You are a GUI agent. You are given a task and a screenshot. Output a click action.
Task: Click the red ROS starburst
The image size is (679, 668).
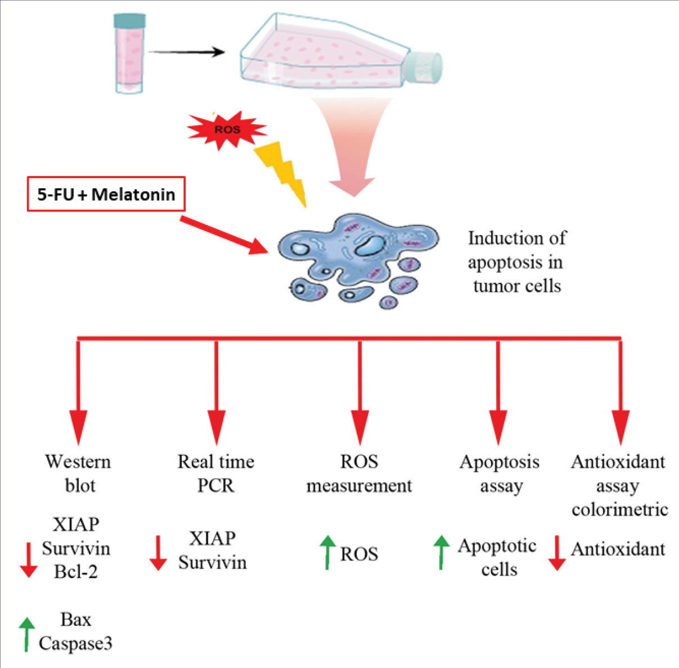227,130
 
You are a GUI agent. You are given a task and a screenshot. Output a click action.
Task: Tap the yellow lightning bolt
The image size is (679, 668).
282,171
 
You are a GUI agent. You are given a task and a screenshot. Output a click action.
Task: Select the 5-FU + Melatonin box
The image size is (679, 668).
106,195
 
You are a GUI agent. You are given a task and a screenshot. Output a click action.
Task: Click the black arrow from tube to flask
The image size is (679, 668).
186,52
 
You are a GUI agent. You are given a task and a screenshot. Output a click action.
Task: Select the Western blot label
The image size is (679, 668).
78,473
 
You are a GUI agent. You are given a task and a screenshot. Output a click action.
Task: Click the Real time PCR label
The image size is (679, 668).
216,473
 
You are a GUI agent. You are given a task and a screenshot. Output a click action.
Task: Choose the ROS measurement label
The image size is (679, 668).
359,473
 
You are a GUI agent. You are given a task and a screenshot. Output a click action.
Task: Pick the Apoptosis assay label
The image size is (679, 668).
500,473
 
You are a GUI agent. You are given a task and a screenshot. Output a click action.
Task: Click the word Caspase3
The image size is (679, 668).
75,643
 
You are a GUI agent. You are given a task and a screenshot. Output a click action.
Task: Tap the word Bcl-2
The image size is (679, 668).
76,571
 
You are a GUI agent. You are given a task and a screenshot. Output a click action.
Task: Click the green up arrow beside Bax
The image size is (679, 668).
26,634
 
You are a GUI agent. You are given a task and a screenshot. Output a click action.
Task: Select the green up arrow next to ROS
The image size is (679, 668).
327,552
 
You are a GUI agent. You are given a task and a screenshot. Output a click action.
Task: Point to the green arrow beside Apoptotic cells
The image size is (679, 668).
442,552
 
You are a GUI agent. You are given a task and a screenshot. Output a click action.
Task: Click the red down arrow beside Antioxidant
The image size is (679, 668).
557,553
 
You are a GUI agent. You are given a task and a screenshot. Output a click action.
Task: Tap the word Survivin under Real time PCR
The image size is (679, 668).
213,562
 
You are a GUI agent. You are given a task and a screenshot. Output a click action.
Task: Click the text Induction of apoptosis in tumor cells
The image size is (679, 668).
516,262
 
